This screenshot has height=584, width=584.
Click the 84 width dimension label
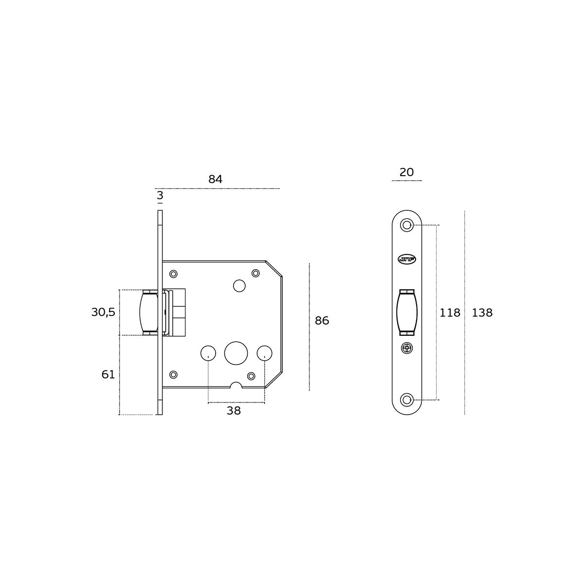(215, 179)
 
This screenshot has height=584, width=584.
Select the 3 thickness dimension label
(160, 196)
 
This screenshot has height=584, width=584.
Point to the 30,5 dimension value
(103, 312)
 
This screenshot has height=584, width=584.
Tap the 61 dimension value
(108, 374)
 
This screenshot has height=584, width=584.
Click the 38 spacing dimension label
(234, 411)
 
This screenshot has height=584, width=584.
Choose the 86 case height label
(322, 321)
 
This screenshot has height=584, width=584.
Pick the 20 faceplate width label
(406, 172)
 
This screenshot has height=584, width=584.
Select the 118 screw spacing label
(450, 313)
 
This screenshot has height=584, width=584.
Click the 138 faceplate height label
(482, 313)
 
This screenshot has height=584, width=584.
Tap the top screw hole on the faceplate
(406, 225)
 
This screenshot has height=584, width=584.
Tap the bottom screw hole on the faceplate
(406, 400)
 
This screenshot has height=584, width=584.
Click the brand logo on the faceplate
(406, 259)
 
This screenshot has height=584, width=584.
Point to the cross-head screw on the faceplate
(406, 348)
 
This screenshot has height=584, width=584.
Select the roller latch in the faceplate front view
(406, 312)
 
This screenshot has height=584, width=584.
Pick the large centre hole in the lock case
(236, 353)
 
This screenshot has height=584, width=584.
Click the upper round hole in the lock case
(239, 286)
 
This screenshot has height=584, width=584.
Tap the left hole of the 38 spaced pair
(208, 352)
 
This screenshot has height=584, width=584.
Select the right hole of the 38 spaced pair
(264, 352)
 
